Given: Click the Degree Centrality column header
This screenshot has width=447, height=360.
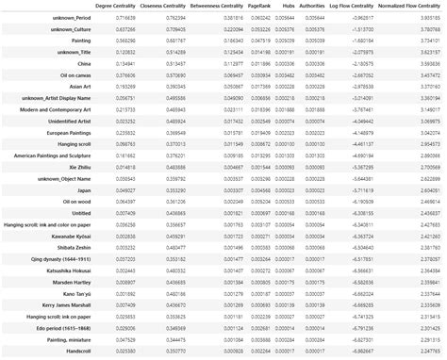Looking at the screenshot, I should coord(126,7).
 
